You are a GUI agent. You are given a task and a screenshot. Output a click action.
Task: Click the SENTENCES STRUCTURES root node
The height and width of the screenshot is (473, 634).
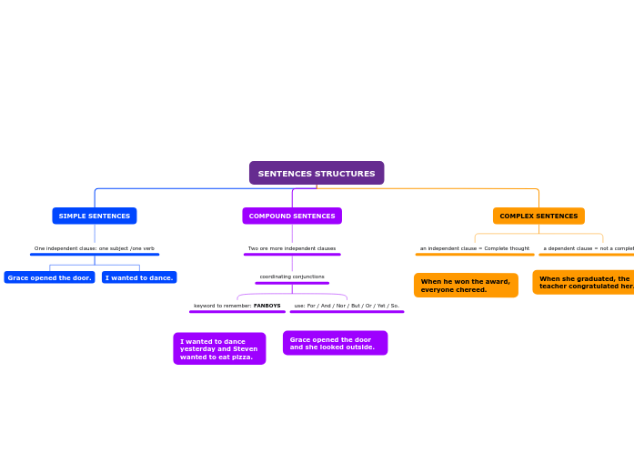coord(317,173)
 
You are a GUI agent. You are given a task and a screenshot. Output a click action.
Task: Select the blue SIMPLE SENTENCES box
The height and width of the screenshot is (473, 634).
coord(95,216)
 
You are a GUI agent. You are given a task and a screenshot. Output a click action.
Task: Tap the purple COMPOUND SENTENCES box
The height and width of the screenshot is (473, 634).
coord(292,216)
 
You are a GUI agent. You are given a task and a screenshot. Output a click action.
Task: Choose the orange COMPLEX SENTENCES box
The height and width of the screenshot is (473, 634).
coord(538,216)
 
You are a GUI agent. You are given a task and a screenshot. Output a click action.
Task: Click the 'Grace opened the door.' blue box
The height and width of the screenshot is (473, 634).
coord(49,277)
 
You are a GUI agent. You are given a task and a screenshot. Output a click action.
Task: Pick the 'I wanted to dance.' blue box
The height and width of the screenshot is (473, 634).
coord(139,277)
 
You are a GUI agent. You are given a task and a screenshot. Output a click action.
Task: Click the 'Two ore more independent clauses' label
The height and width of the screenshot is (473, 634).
coord(292,248)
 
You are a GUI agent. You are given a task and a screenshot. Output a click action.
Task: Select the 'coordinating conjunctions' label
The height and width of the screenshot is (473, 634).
coord(292,277)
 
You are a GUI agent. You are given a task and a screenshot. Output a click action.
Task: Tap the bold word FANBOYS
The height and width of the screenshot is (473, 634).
coord(267,306)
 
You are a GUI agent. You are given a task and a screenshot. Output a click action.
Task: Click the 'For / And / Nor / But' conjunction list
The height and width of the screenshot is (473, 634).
coord(347,306)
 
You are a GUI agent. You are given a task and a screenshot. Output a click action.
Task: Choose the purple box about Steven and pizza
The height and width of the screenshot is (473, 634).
coord(219,348)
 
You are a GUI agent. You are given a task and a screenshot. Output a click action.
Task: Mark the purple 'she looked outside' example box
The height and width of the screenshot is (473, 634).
coord(335,343)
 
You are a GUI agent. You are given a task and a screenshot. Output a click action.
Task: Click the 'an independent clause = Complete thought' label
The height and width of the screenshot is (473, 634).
coord(475,248)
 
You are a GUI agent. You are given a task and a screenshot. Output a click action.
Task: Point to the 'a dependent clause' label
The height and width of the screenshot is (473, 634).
coord(588,248)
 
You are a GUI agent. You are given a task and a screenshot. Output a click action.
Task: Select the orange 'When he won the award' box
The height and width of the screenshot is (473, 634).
coord(466,286)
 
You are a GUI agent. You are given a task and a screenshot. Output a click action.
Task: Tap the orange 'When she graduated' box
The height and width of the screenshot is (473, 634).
coord(584,282)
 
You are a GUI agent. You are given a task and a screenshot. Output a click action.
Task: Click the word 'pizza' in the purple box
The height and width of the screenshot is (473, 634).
coord(241,357)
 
